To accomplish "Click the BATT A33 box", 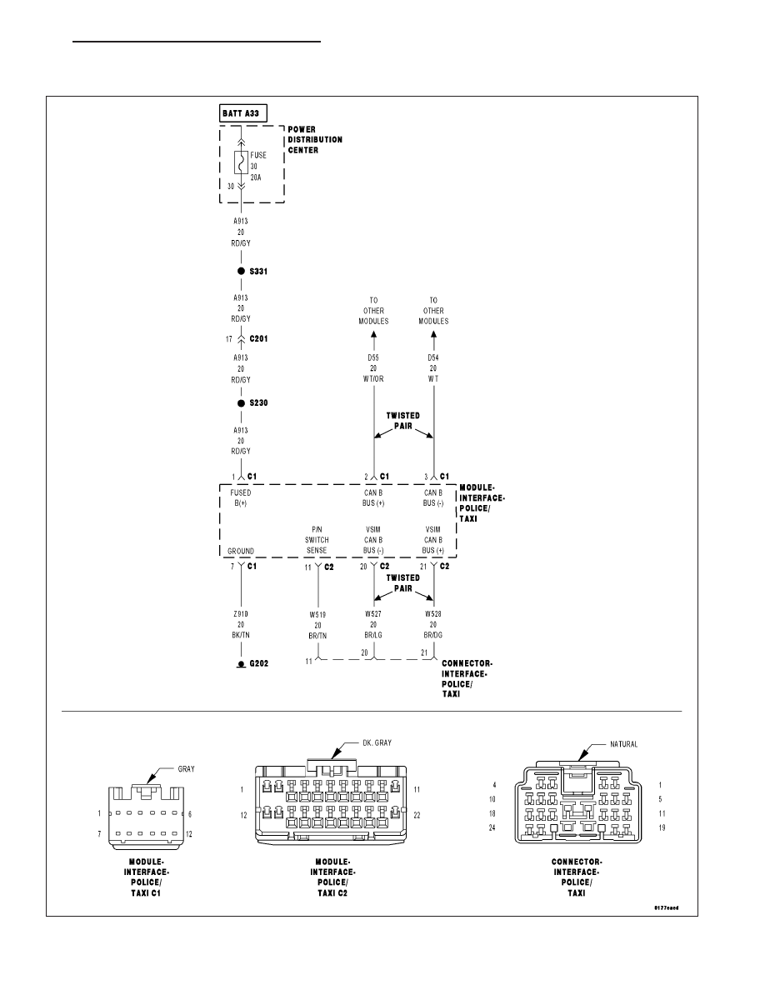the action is pos(243,113).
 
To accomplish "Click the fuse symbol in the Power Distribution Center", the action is pos(241,162).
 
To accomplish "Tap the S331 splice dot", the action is pos(241,272).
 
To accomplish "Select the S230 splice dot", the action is pos(241,403).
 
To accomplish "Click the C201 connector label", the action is pos(259,339).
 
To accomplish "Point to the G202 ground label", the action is pos(259,663).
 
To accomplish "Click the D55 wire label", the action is pos(373,358).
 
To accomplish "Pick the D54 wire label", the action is pos(433,358).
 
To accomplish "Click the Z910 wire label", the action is pos(241,613).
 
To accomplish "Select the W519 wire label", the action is pos(318,614).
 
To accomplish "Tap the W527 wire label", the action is pos(373,613).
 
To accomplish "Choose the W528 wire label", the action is pos(433,613).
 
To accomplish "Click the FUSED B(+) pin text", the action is pos(241,498).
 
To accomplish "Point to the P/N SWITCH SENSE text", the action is pos(317,540).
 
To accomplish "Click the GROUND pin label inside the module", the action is pos(241,551).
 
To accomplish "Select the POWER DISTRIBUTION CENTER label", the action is pos(315,139).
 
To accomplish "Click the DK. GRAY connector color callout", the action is pos(377,743).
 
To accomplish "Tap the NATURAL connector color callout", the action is pos(623,744).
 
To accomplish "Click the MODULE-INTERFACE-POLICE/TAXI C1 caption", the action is pos(146,877).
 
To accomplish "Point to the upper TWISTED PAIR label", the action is pos(403,421).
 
